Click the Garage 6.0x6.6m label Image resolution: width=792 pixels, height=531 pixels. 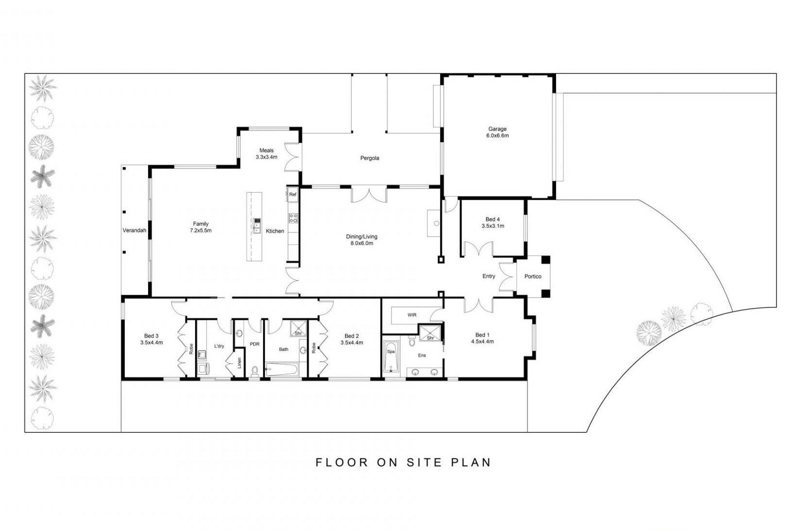point(497,132)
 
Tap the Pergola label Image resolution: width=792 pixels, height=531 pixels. point(369,158)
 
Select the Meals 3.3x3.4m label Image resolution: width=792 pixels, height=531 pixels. point(266,154)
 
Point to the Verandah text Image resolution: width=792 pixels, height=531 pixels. point(134,231)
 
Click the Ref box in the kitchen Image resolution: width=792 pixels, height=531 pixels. point(293,195)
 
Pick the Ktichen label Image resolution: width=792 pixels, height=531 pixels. point(275,231)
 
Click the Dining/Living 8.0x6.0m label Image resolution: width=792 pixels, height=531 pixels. point(362,240)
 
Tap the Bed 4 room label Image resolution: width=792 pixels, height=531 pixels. point(493,222)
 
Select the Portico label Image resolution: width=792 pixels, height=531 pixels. point(532,276)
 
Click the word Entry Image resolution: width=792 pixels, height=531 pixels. point(489,276)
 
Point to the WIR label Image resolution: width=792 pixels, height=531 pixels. point(412,315)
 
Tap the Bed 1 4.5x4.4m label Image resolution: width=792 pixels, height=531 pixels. point(482,338)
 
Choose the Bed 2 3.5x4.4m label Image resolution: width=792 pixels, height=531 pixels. point(352,339)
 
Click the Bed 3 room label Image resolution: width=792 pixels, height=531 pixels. point(151,339)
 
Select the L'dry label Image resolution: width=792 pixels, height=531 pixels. point(219,346)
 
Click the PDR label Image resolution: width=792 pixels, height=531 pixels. point(254,344)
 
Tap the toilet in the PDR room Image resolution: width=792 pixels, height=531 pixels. point(255,371)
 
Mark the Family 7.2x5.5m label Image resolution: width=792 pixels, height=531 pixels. point(200,227)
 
